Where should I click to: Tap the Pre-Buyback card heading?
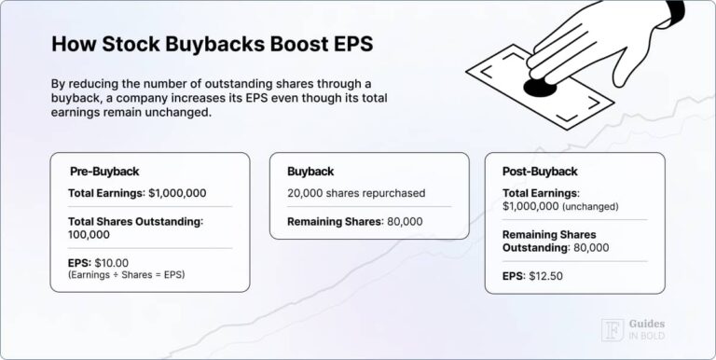(104, 172)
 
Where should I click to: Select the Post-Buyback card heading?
(540, 172)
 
